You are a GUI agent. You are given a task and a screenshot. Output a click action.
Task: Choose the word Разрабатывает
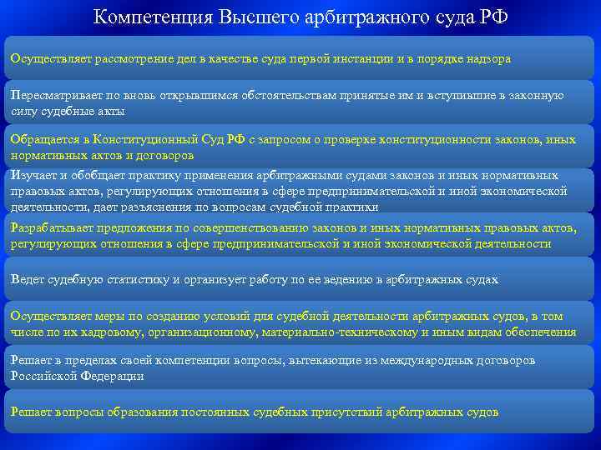click(51, 229)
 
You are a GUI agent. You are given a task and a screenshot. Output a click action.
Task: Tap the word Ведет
click(27, 279)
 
